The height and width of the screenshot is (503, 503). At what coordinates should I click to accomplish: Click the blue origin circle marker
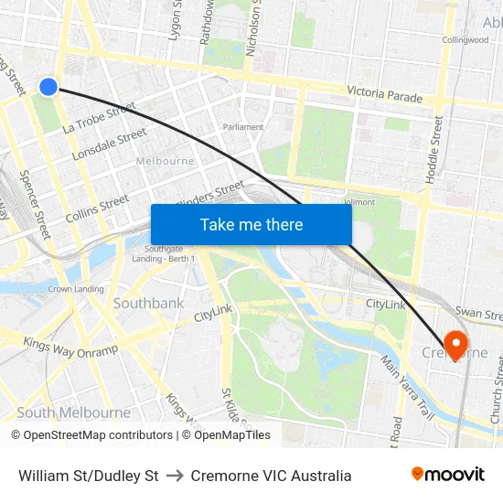48,87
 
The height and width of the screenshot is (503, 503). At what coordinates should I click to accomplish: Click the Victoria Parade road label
384,95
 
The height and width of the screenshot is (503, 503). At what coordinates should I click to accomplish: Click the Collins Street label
97,209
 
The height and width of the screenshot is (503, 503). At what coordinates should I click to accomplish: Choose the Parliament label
243,127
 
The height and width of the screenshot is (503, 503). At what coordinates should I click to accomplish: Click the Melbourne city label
165,161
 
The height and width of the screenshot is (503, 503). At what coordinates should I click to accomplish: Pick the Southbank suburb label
148,303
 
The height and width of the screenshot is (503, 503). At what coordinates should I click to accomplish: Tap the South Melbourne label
73,412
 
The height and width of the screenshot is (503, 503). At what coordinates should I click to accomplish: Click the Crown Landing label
76,289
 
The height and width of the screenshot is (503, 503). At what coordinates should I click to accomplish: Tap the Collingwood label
465,40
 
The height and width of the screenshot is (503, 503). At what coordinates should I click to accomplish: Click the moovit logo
447,475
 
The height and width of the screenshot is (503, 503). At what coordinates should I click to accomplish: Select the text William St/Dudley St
89,476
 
